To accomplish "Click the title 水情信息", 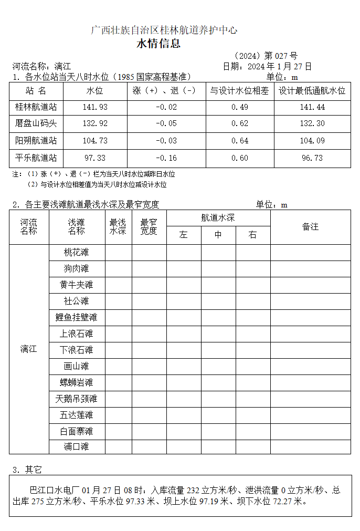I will (158, 44).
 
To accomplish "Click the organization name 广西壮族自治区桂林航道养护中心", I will (164, 30).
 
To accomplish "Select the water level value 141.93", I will (95, 107).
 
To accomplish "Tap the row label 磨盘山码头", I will (36, 124).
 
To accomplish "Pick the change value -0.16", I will (166, 158).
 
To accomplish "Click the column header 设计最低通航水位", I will (312, 90).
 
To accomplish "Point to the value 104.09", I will (312, 141).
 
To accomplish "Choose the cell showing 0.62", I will (239, 124).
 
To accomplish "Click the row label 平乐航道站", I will (36, 158).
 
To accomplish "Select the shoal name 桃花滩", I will (77, 253).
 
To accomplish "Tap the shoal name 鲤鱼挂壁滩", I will (77, 317).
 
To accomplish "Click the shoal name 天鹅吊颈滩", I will (77, 399).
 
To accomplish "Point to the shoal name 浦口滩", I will (77, 447).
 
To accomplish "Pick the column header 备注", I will (310, 226).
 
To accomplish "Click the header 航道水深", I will (218, 218).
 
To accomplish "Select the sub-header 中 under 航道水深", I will (218, 235).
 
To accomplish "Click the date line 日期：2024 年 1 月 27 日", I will (267, 66).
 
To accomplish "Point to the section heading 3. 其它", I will (27, 469).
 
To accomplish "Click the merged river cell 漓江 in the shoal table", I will (29, 349).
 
